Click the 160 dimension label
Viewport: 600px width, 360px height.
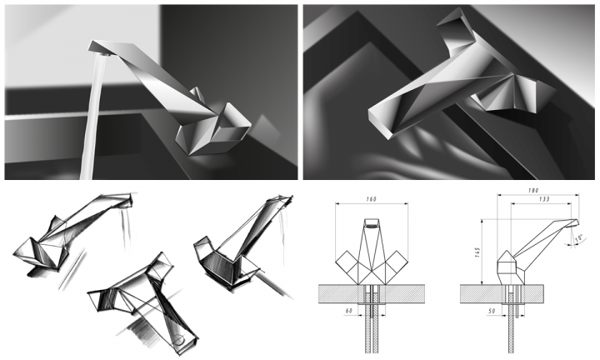[x=371, y=199]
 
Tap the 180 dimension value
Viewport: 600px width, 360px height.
[x=533, y=190]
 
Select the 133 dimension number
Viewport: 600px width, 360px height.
[x=543, y=199]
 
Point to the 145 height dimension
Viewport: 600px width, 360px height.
[x=477, y=252]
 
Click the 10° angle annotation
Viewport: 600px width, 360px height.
[x=578, y=238]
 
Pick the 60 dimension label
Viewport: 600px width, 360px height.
[x=348, y=311]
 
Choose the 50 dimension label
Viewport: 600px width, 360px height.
[x=492, y=311]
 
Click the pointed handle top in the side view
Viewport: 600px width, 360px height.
[x=506, y=255]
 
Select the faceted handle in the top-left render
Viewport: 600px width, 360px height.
[x=213, y=128]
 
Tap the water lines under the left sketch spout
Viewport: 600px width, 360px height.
[x=127, y=228]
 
